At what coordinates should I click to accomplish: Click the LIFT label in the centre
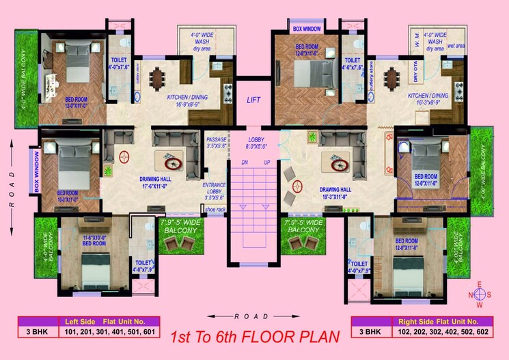[x=254, y=100]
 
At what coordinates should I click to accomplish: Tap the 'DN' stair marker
[x=245, y=163]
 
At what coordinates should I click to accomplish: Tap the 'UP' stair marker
[x=267, y=163]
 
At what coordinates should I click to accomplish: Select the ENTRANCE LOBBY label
[x=215, y=191]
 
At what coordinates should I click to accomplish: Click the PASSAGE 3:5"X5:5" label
[x=217, y=143]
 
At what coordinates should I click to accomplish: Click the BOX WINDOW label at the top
[x=307, y=29]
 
